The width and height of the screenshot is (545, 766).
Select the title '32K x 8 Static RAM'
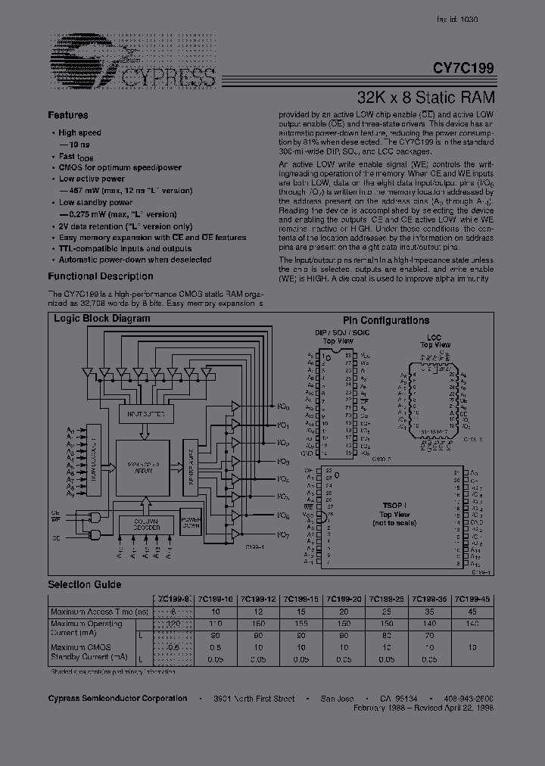425,97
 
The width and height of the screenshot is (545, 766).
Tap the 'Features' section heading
68,115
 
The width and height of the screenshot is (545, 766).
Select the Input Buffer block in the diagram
143,415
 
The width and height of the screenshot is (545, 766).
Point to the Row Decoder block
95,461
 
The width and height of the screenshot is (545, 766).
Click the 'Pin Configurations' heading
385,320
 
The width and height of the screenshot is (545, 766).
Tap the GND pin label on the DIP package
307,453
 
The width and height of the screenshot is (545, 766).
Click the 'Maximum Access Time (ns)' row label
98,611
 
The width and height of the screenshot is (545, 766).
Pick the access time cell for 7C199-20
345,611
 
